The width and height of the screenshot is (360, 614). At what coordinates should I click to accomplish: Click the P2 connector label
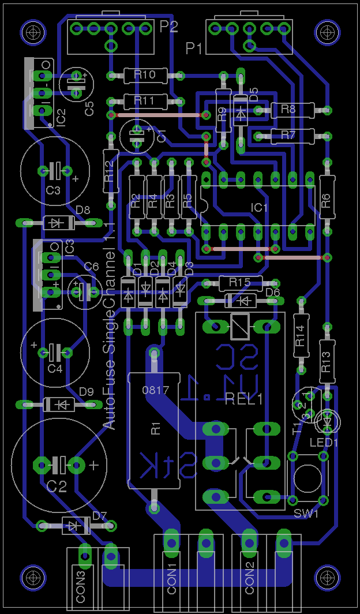click(169, 27)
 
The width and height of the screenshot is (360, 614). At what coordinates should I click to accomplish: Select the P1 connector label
click(194, 49)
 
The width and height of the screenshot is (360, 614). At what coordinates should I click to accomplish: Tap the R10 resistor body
click(145, 75)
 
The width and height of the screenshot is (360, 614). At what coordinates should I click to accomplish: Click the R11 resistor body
click(144, 100)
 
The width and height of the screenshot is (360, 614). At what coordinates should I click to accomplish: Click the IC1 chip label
click(259, 207)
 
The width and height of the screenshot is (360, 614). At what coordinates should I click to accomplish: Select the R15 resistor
click(239, 282)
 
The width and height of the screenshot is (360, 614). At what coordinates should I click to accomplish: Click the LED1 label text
click(324, 442)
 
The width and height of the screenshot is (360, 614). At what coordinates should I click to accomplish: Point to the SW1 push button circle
click(307, 477)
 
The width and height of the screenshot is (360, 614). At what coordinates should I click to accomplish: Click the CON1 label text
click(172, 580)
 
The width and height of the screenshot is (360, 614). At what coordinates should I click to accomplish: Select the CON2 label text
click(250, 580)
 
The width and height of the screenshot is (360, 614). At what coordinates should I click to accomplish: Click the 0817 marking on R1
click(155, 390)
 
